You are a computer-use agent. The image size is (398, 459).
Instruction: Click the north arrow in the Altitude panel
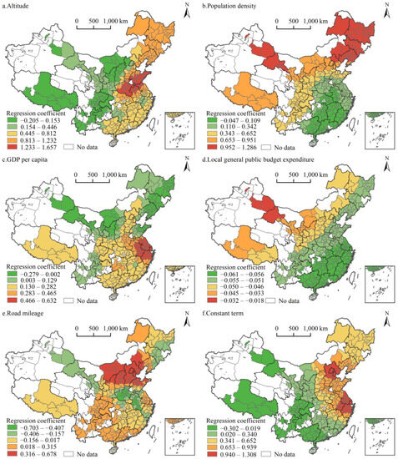point(184,12)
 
